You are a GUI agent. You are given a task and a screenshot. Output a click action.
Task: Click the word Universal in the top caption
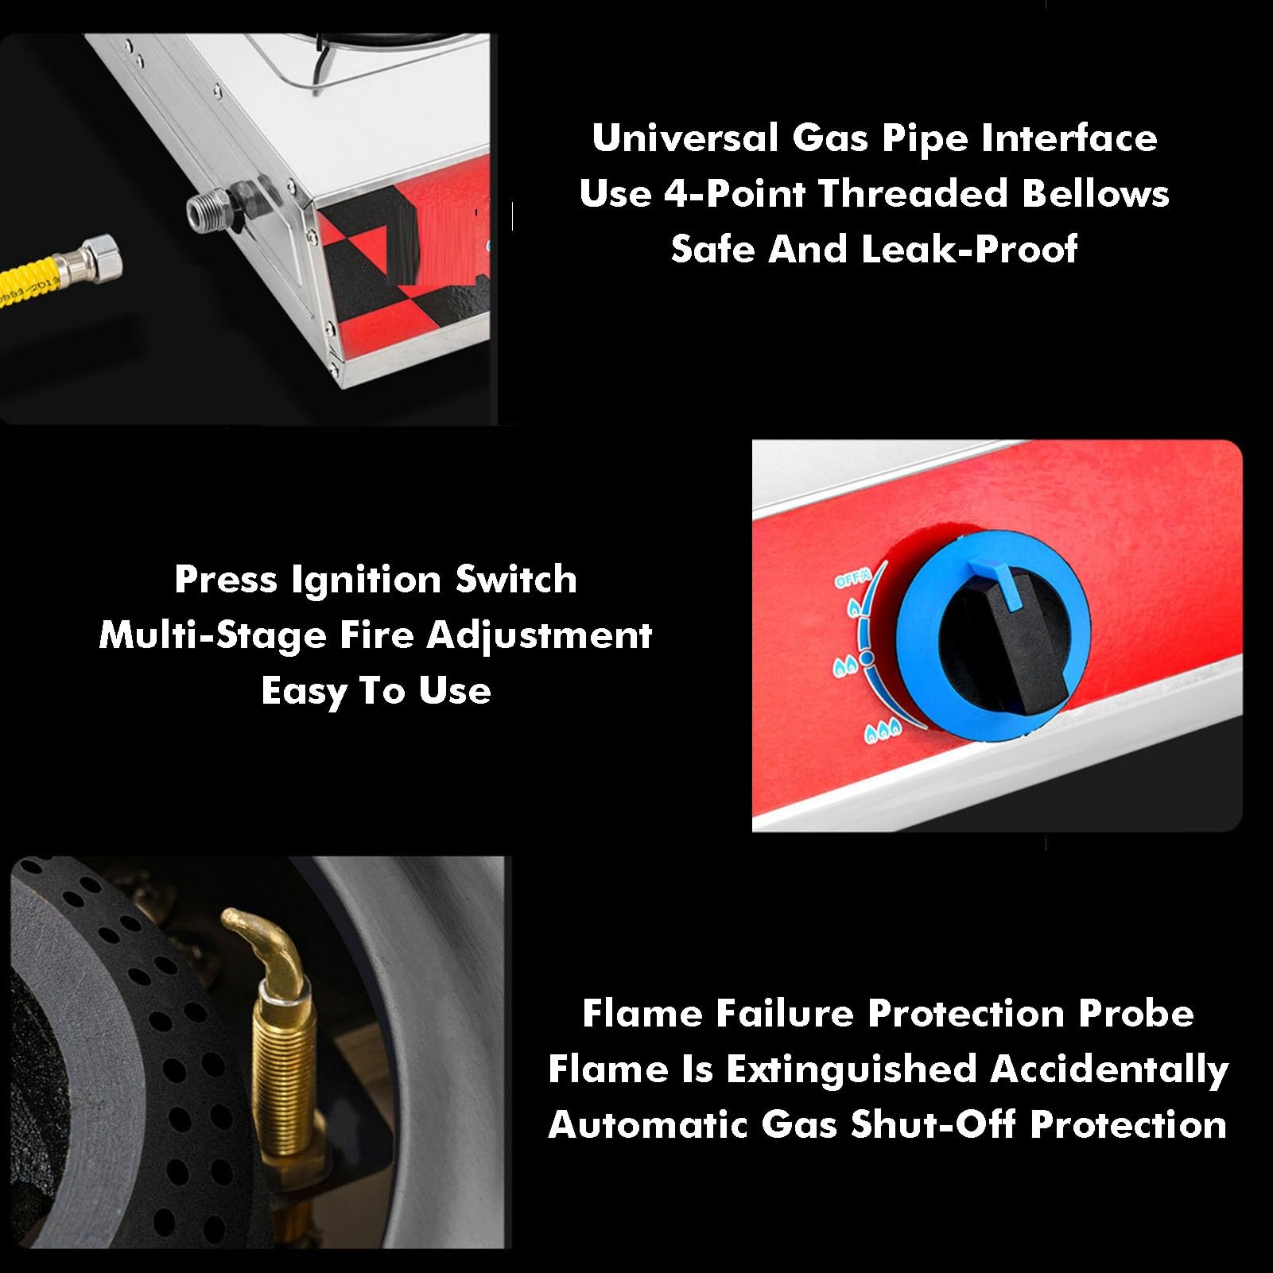click(685, 138)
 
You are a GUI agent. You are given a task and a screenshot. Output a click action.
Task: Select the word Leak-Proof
click(969, 250)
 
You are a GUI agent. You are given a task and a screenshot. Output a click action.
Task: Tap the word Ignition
click(367, 580)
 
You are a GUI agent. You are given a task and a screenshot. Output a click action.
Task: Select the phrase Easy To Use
click(376, 691)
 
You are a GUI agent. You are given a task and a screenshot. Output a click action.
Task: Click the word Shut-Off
click(935, 1125)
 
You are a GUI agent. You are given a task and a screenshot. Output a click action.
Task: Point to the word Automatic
click(649, 1125)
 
